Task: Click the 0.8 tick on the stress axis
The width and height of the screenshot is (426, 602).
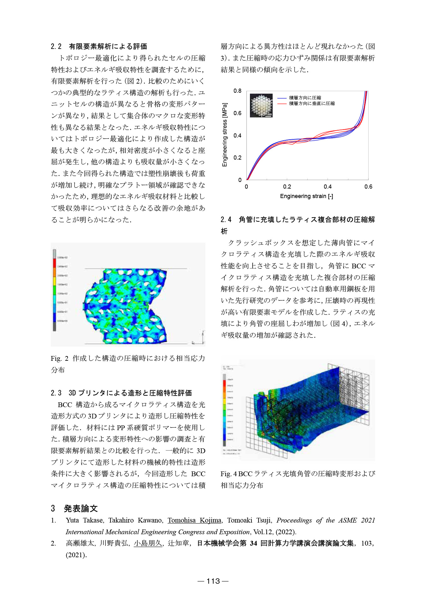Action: click(237, 91)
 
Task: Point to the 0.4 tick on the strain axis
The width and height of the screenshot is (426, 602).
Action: click(328, 187)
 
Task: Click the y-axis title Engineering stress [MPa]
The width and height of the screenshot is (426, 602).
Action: click(225, 135)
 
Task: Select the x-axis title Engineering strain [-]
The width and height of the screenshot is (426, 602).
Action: click(306, 196)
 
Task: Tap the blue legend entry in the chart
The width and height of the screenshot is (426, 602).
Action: click(305, 98)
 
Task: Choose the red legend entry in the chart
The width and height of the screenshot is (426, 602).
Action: click(312, 103)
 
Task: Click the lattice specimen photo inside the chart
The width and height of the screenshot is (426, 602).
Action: click(261, 105)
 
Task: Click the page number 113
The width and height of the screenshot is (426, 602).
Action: click(213, 581)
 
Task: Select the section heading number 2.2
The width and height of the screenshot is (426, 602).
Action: click(56, 47)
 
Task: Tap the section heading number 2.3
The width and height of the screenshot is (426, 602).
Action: click(56, 393)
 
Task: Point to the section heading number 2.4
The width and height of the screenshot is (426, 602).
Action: click(226, 219)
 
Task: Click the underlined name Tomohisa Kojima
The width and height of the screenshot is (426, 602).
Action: click(194, 520)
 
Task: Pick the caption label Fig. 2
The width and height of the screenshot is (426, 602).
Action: click(59, 359)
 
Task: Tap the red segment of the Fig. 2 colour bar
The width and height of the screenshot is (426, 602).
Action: click(54, 263)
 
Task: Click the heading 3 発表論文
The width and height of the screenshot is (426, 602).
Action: click(74, 508)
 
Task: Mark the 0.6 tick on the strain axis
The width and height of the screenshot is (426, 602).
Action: click(368, 187)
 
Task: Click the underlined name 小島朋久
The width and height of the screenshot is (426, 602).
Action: click(148, 543)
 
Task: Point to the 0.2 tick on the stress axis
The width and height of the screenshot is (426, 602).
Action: click(237, 158)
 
